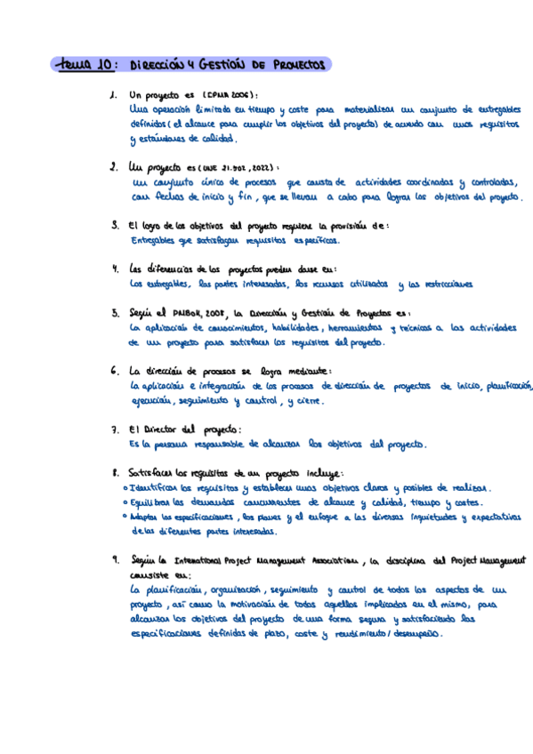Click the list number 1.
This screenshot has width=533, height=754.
tap(112, 96)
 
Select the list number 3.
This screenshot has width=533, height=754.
tap(113, 226)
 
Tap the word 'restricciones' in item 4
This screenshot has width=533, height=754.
tap(442, 285)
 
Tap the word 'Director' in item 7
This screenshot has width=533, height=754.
tap(160, 429)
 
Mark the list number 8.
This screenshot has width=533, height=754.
tap(114, 473)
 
